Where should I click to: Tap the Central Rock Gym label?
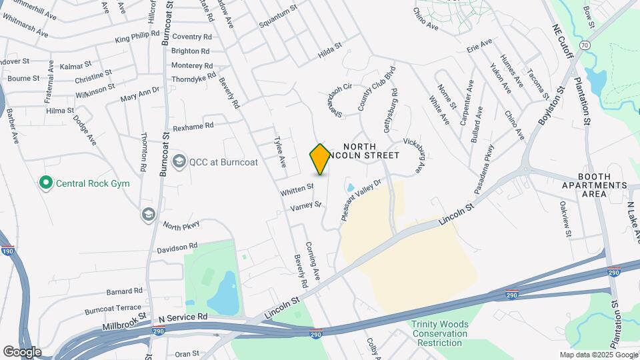(x=92, y=183)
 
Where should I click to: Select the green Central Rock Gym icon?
(x=45, y=182)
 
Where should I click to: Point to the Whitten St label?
(x=297, y=190)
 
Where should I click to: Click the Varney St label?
(x=306, y=207)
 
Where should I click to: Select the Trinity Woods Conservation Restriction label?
(x=439, y=333)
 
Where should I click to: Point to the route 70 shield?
(x=584, y=45)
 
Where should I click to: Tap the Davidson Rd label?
(x=177, y=247)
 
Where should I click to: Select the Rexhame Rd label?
(x=193, y=125)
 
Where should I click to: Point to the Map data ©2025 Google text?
(x=597, y=355)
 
